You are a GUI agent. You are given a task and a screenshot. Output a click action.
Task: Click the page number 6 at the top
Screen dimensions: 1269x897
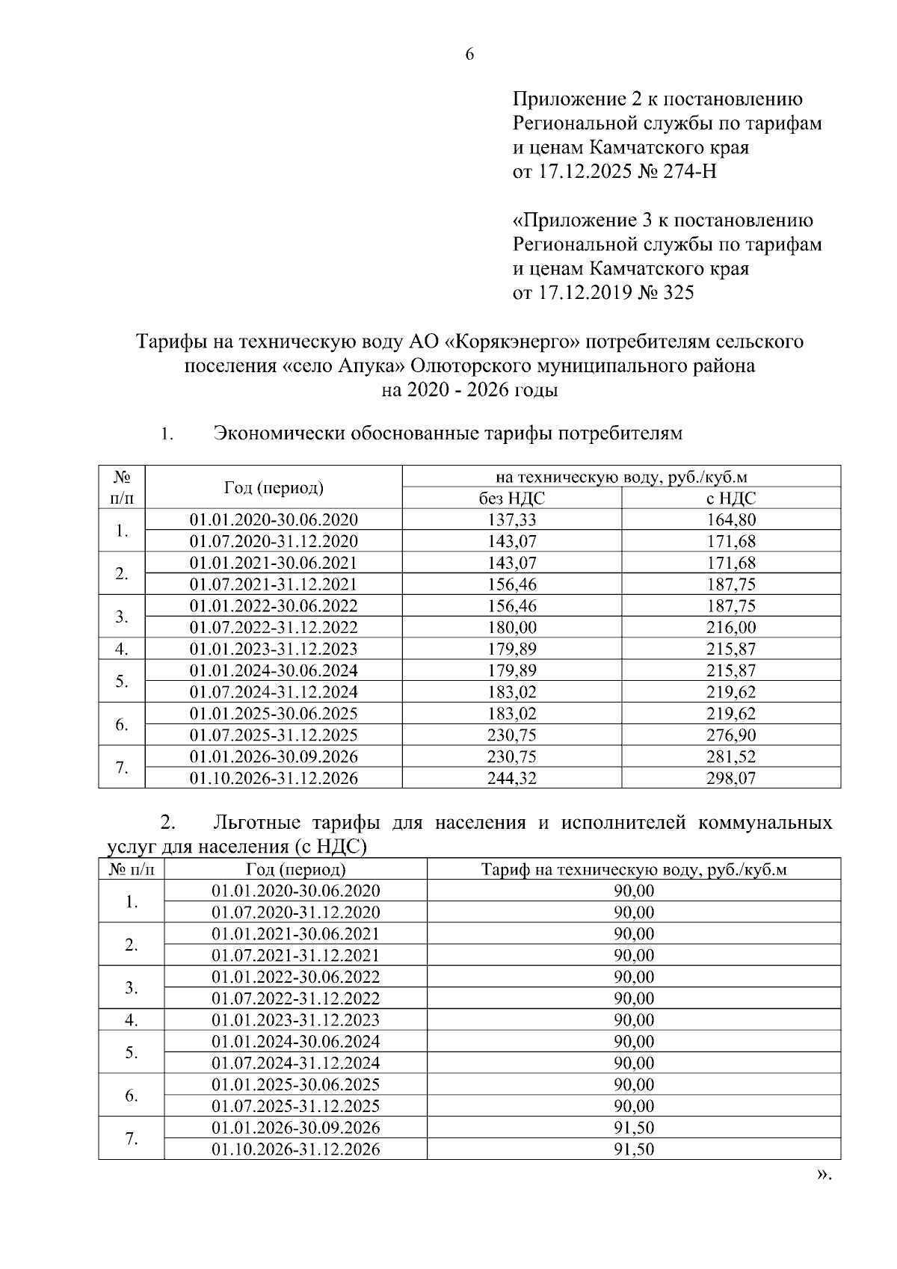tap(470, 55)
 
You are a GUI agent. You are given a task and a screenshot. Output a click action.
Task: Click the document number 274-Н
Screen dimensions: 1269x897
tap(688, 172)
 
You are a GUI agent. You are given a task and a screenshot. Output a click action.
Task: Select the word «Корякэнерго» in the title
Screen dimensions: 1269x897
tap(512, 342)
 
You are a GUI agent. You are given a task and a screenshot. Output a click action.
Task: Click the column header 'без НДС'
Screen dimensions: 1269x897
tap(512, 498)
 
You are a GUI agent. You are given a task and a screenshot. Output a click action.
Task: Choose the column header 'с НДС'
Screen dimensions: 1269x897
tap(731, 498)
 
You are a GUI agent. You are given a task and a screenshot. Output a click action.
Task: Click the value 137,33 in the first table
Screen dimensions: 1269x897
tap(512, 520)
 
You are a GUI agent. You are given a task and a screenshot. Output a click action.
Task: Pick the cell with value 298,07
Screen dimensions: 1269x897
tap(731, 778)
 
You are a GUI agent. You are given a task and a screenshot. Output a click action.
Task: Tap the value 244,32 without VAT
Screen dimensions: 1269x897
tap(512, 778)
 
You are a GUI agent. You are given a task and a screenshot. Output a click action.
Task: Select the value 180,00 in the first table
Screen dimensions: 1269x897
tap(512, 627)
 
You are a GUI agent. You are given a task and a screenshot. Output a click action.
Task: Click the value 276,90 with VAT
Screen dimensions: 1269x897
tap(731, 735)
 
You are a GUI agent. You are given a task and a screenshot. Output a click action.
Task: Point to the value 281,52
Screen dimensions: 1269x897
tap(731, 756)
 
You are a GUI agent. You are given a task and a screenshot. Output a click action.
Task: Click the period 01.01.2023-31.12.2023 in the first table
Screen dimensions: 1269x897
tap(274, 649)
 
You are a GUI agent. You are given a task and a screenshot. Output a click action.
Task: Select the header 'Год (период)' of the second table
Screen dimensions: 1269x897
tap(296, 869)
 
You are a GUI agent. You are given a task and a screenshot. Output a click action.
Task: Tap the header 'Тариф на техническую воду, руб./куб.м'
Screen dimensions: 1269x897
tap(634, 869)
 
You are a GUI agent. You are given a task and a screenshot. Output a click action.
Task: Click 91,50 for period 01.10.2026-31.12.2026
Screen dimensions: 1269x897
tap(634, 1149)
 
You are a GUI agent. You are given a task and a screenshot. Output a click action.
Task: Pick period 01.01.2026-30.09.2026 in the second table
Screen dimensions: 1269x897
tap(296, 1127)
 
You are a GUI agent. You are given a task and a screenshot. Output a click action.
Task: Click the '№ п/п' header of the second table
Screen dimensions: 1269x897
tap(132, 869)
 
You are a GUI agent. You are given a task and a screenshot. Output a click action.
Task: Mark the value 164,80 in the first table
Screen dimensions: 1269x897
tap(731, 520)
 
